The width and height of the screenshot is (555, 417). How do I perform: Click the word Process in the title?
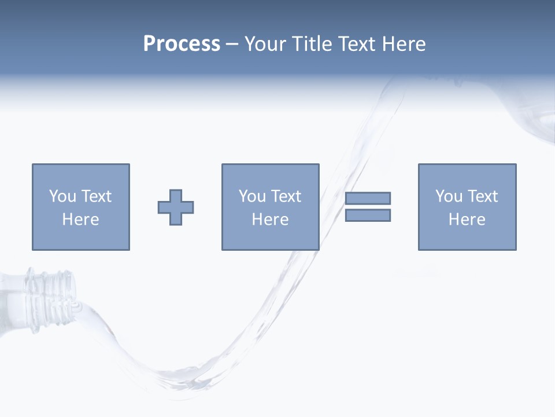182,44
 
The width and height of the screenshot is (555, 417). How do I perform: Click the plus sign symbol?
176,207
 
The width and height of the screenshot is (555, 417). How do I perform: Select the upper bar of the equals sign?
368,198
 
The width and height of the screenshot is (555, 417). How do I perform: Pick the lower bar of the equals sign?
368,215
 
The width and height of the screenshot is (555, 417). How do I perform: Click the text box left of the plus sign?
81,207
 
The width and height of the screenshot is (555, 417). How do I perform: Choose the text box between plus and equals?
270,207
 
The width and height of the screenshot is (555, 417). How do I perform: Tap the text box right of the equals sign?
467,207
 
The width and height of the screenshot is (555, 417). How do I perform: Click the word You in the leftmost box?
62,196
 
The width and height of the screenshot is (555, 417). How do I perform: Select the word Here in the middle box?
270,220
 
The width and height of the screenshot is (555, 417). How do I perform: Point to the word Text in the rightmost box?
482,196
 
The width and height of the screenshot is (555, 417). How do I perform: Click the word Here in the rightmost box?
467,220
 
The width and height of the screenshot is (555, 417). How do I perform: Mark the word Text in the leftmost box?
96,196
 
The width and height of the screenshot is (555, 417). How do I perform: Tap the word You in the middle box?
252,196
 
